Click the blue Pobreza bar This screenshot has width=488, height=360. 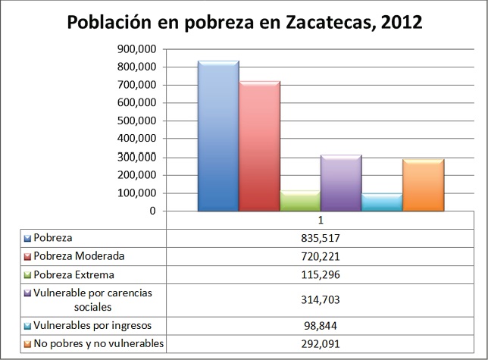(217, 136)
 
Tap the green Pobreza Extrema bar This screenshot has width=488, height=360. (300, 201)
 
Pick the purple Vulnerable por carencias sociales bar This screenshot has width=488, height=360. (340, 183)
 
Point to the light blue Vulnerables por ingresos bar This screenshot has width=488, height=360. (381, 202)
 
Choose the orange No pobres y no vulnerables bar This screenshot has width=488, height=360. (422, 185)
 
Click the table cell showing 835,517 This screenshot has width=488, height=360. (319, 237)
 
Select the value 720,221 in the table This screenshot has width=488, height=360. (319, 256)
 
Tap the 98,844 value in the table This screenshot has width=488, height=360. (319, 325)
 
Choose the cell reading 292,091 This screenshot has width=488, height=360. (319, 344)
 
